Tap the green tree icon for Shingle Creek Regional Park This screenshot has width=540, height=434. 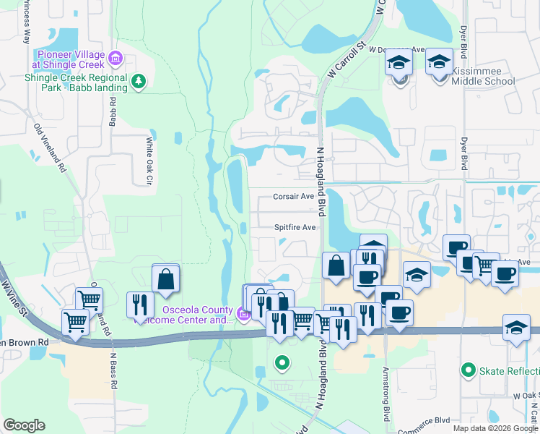[x=139, y=82]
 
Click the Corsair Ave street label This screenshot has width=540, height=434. [x=293, y=196]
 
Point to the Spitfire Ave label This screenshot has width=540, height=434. [x=295, y=227]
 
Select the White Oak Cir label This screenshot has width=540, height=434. [x=150, y=160]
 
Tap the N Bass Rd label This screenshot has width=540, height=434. [x=113, y=370]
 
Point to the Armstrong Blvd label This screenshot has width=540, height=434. [x=387, y=391]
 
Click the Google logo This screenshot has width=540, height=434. [x=24, y=425]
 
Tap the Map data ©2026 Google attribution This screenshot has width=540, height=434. [x=495, y=428]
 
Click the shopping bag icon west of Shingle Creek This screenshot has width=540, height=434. [x=166, y=279]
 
